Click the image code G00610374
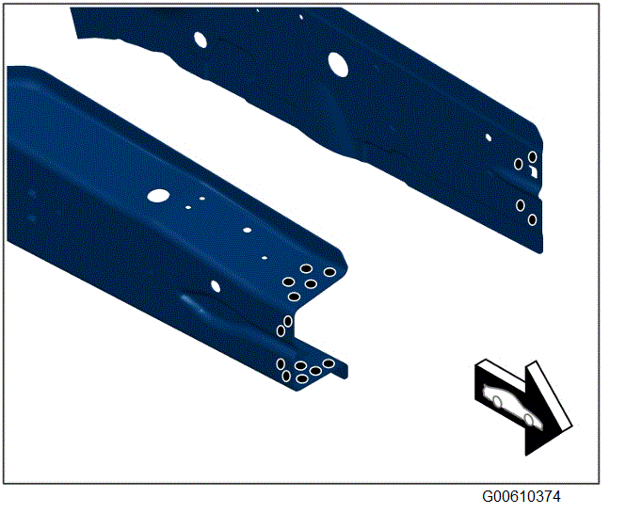pyautogui.click(x=521, y=496)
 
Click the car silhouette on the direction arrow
pyautogui.click(x=513, y=406)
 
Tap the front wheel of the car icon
pyautogui.click(x=529, y=420)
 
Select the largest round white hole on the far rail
pyautogui.click(x=338, y=65)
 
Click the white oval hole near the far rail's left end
pyautogui.click(x=201, y=40)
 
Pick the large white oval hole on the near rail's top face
pyautogui.click(x=158, y=195)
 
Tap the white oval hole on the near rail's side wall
pyautogui.click(x=216, y=286)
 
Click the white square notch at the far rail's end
pyautogui.click(x=534, y=171)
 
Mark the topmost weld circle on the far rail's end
pyautogui.click(x=532, y=157)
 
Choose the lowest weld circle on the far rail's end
pyautogui.click(x=532, y=219)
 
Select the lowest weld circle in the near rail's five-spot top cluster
pyautogui.click(x=294, y=297)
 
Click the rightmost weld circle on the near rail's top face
pyautogui.click(x=329, y=272)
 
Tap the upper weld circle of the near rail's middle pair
pyautogui.click(x=288, y=321)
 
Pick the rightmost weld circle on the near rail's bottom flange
pyautogui.click(x=329, y=363)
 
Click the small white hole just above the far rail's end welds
pyautogui.click(x=489, y=137)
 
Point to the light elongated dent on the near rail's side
pyautogui.click(x=192, y=302)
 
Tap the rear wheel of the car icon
pyautogui.click(x=497, y=401)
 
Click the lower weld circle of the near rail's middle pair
pyautogui.click(x=281, y=330)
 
